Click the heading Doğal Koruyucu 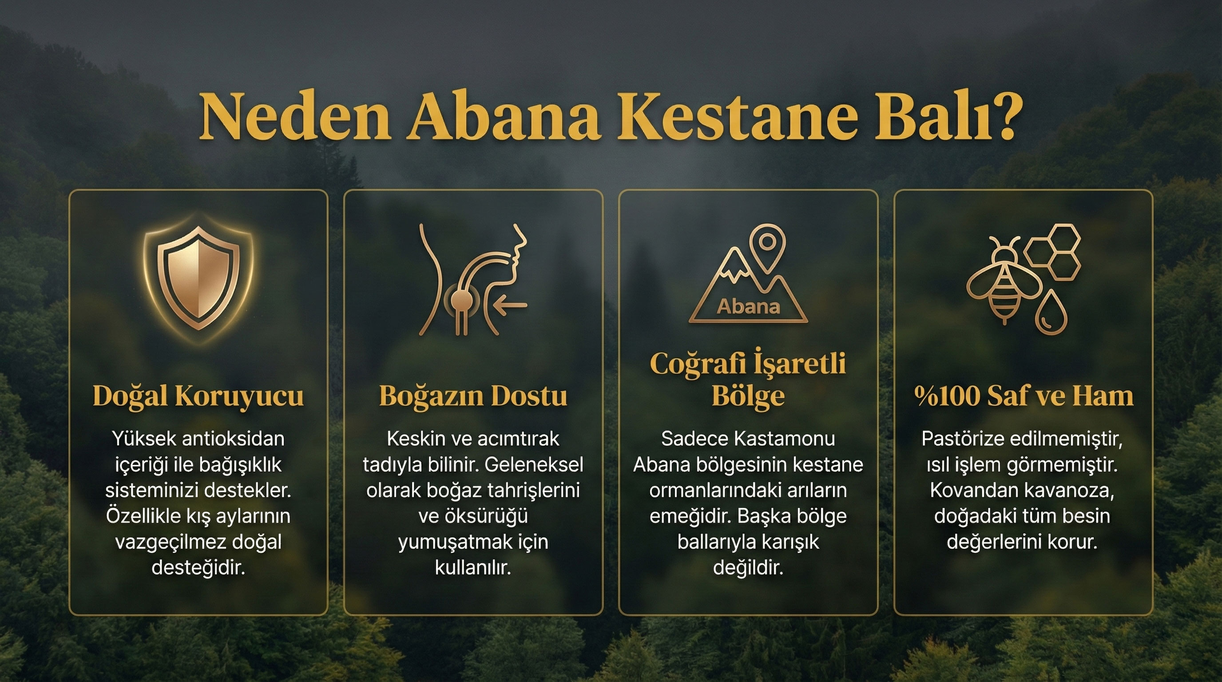[x=198, y=396]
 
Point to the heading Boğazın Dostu [x=473, y=396]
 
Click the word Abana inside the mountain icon [x=749, y=307]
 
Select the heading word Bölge [x=748, y=396]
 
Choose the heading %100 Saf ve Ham [x=1023, y=396]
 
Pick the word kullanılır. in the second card [x=473, y=568]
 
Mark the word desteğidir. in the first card [x=198, y=568]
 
